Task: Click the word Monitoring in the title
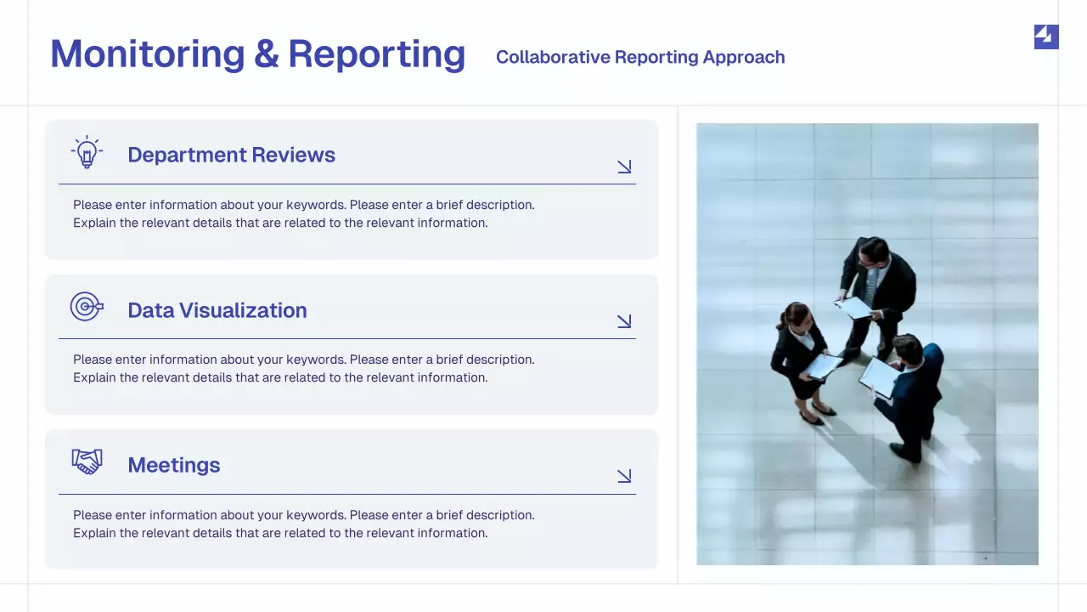point(147,54)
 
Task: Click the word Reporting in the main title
point(376,54)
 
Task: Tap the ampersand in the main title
point(266,54)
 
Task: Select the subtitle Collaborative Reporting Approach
point(639,57)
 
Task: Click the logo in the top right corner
point(1045,37)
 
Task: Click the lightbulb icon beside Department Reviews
point(87,153)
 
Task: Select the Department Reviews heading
point(231,155)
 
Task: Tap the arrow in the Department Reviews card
point(624,167)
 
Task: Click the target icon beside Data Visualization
point(86,307)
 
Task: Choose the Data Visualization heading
point(217,310)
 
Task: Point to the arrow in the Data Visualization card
point(624,321)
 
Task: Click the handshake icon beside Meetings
point(87,462)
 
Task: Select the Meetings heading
point(173,465)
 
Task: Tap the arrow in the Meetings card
point(624,476)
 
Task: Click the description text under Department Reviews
point(303,214)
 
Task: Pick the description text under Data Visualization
point(303,368)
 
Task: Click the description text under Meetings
point(303,524)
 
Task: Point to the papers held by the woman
point(822,365)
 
